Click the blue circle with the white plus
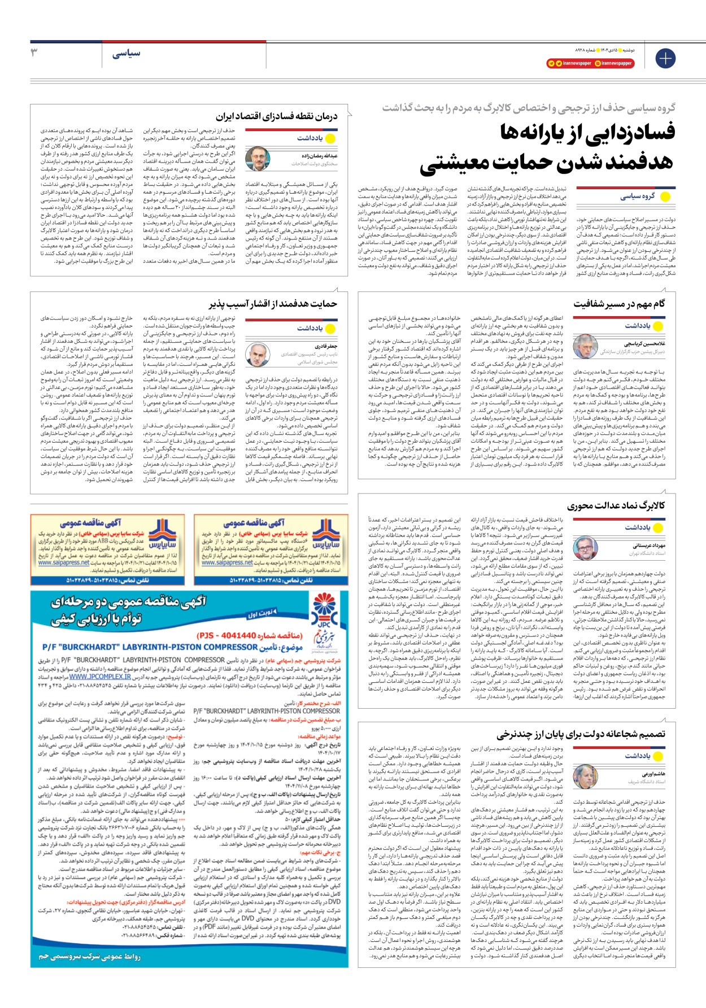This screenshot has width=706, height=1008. point(665,58)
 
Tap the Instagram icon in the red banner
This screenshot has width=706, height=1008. point(598,63)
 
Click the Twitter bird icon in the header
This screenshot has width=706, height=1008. point(559,63)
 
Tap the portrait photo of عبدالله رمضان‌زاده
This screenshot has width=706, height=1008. point(258,159)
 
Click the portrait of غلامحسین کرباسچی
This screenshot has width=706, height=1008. point(585,346)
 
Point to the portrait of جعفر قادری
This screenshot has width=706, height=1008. point(258,355)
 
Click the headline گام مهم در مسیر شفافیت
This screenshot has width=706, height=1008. point(620,304)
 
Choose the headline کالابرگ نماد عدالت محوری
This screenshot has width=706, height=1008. point(616,505)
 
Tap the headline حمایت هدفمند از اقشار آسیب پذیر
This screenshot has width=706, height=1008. point(273,304)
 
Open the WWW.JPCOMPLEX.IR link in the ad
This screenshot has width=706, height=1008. point(100,676)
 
